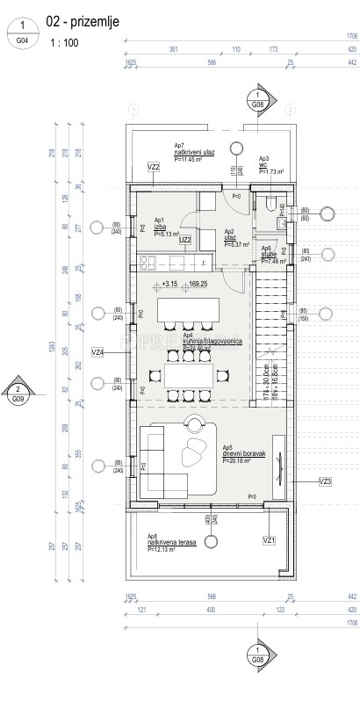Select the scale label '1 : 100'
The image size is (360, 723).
pyautogui.click(x=63, y=42)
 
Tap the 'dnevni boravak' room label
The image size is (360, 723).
pyautogui.click(x=242, y=453)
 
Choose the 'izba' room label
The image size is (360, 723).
pyautogui.click(x=160, y=228)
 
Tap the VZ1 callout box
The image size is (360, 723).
pyautogui.click(x=270, y=539)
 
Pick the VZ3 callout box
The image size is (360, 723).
pyautogui.click(x=325, y=481)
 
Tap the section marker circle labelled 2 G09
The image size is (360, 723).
pyautogui.click(x=18, y=392)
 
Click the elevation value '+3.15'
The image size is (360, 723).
pyautogui.click(x=169, y=284)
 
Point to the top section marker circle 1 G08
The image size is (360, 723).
pyautogui.click(x=257, y=99)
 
